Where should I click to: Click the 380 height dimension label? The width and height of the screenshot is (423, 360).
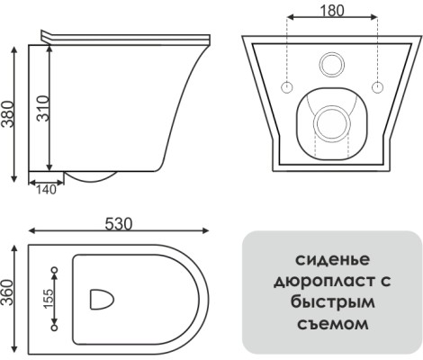(x=7, y=114)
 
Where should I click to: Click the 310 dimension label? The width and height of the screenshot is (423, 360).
(x=43, y=108)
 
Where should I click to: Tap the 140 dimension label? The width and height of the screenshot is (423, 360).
(x=46, y=190)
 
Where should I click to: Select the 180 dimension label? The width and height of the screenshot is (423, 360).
(x=332, y=11)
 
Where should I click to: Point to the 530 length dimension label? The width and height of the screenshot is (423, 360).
(x=119, y=224)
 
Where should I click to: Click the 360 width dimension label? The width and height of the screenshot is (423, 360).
(x=7, y=292)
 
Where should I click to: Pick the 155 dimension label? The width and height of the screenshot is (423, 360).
(x=48, y=299)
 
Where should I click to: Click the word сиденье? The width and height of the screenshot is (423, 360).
(x=332, y=260)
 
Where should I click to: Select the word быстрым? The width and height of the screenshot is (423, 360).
(x=332, y=302)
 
